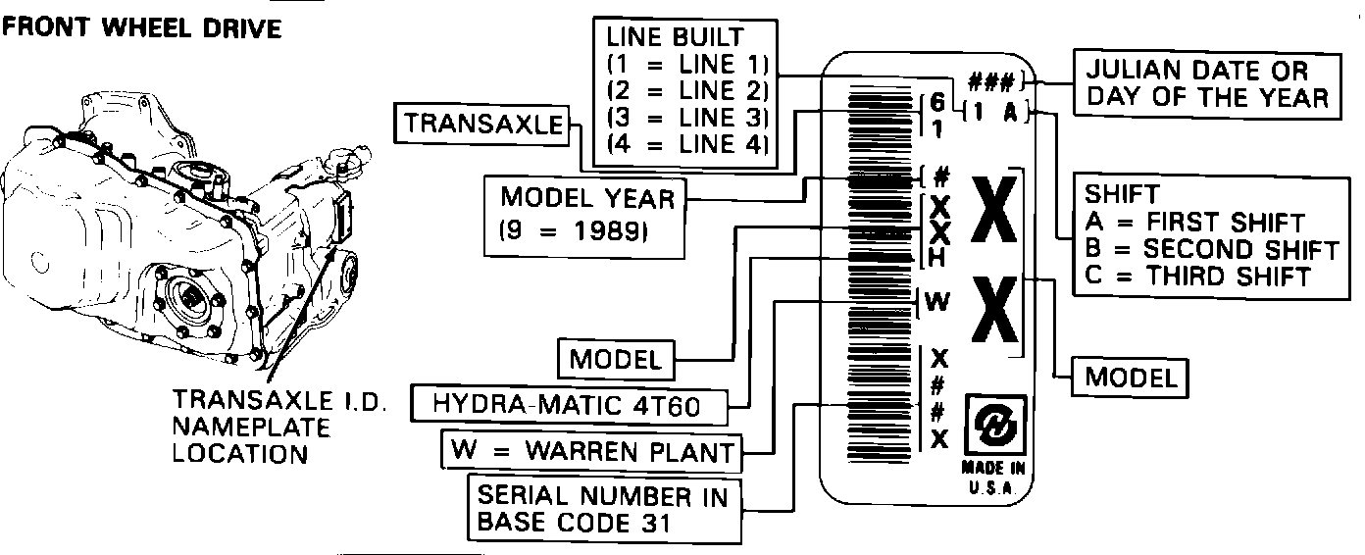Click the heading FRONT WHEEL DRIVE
[143, 28]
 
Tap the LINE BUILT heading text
[675, 38]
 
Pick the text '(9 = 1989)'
[574, 232]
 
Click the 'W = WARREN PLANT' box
[592, 451]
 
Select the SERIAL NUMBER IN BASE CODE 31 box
[602, 510]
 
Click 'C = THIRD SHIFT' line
[1197, 276]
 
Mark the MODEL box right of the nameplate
[1132, 376]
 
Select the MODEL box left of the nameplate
[616, 359]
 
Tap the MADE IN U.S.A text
[994, 479]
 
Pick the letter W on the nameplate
[937, 302]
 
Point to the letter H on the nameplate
[937, 258]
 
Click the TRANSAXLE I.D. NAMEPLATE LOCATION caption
[278, 428]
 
